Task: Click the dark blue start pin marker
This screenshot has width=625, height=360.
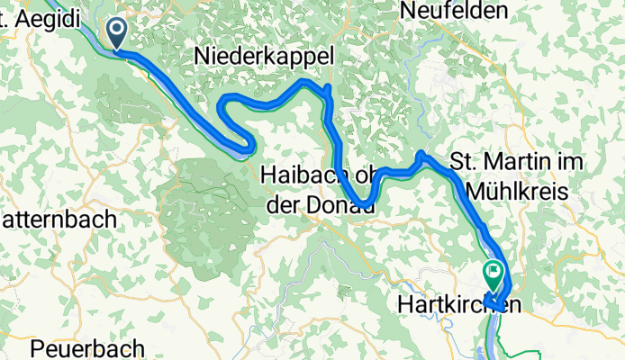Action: pos(118,33)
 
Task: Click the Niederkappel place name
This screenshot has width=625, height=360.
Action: pos(264,57)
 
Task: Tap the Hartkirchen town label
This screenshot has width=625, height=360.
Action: pos(458,306)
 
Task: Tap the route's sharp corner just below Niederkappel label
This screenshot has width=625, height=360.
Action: pos(329,87)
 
